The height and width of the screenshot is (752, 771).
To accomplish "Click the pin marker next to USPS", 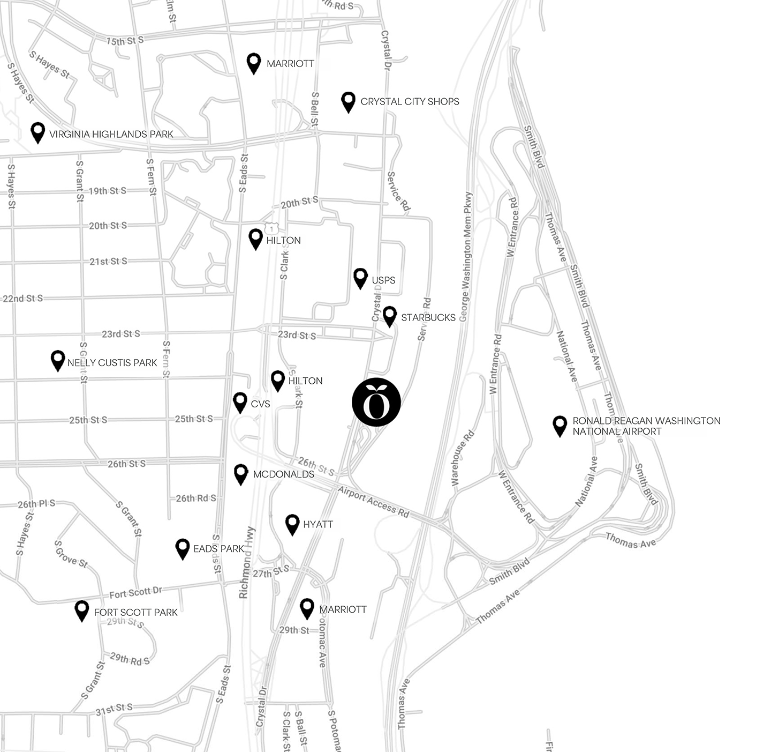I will click(x=360, y=278).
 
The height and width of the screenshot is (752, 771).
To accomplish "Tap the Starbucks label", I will click(x=428, y=317).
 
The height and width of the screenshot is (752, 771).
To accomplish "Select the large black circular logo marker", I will click(x=376, y=402).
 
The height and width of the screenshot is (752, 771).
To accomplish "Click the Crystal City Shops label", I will click(x=410, y=101).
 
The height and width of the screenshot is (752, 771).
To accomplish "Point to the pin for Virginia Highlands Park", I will click(x=37, y=132).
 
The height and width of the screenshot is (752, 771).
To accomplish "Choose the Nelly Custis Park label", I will click(x=112, y=362).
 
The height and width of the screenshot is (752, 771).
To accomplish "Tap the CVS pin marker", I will click(x=240, y=402).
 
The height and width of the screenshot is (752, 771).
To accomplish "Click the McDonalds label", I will click(x=283, y=474).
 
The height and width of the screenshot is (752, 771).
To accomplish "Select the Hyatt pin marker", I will click(x=292, y=524).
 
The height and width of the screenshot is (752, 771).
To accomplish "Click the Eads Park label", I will click(x=218, y=548).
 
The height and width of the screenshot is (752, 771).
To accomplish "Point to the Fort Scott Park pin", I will click(x=82, y=610).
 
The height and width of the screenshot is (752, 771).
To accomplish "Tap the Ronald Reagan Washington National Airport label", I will click(x=646, y=426).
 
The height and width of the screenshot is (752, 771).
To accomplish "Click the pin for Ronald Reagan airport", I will click(x=560, y=426).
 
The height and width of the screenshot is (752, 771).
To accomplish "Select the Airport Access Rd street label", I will click(x=373, y=502).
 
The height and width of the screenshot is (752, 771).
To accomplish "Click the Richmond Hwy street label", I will click(x=247, y=563).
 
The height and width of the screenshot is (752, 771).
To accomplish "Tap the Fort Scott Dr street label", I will click(x=135, y=592).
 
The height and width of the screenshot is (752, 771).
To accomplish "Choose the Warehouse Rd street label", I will click(x=462, y=457).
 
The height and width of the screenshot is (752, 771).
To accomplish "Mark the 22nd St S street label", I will click(x=23, y=298).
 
